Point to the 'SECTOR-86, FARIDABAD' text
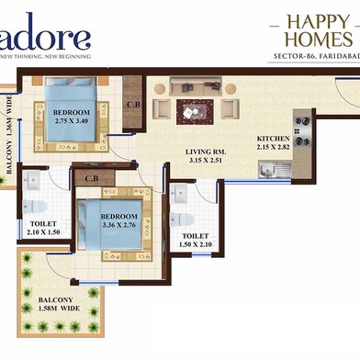(314, 58)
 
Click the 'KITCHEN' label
(273, 139)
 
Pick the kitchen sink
(272, 168)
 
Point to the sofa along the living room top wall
(194, 85)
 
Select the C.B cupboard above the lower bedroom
(92, 176)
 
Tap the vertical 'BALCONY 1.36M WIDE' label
(8, 141)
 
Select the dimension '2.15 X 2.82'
(273, 150)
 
